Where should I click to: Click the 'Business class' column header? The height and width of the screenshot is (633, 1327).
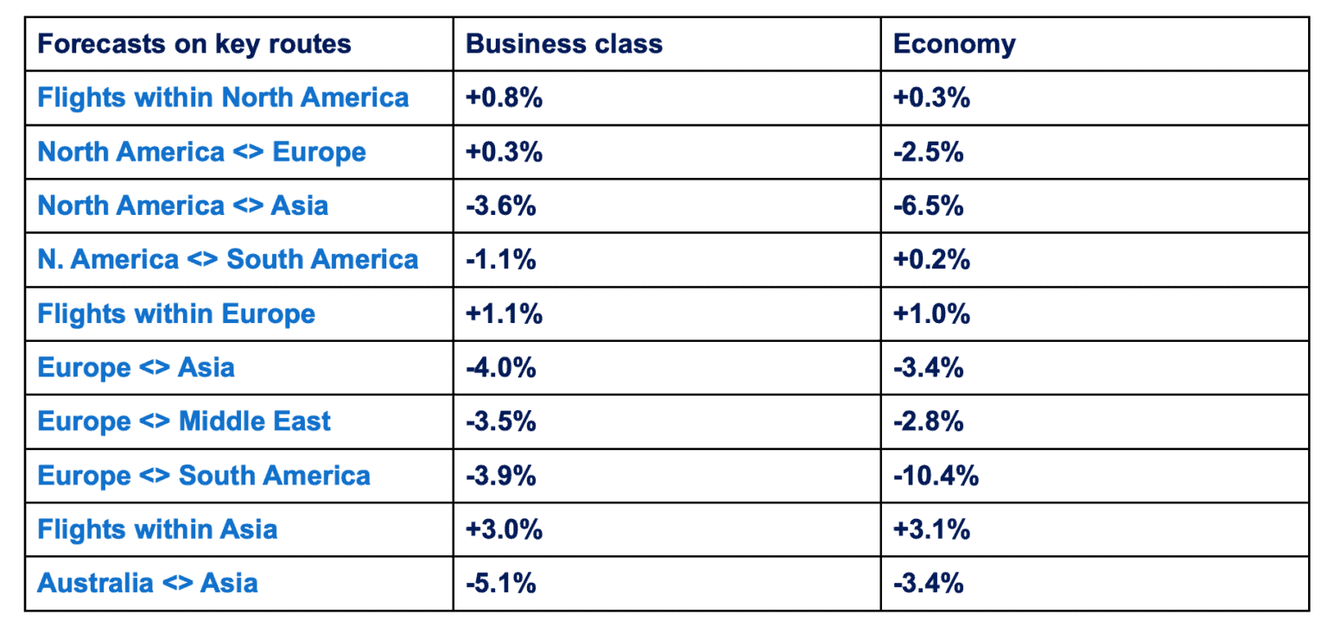563,44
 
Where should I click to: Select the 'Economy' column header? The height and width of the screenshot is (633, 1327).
954,44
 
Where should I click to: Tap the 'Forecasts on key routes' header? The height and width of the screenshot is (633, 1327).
194,44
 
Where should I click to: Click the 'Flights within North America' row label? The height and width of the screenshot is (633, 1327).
223,98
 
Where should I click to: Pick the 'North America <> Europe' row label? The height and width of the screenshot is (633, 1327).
201,152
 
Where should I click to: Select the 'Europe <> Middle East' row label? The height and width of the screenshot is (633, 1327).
184,421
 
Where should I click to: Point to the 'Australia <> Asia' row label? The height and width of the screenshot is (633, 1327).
148,583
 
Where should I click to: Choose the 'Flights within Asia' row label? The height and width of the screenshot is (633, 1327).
157,529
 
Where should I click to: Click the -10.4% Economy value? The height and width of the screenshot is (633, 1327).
936,475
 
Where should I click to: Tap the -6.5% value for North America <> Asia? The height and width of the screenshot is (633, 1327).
928,206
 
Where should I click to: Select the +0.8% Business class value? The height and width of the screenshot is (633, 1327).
504,98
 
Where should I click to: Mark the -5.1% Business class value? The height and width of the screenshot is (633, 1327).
500,583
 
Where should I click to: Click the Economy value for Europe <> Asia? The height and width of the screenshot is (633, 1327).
928,368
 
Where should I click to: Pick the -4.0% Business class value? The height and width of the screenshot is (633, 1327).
500,368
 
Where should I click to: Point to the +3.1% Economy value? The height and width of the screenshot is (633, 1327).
931,529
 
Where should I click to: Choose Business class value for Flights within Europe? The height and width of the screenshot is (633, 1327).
504,313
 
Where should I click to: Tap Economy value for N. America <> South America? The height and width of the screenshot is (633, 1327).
931,260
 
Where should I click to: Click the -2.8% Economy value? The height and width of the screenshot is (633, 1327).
928,421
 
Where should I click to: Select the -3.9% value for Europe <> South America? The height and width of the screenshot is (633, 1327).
500,475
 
